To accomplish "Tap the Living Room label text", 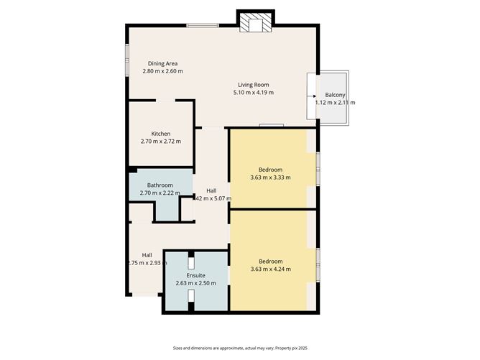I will tap(254, 84).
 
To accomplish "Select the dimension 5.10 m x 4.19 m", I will tap(254, 93).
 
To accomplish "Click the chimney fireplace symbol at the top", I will tap(255, 23).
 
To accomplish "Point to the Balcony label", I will tap(335, 95).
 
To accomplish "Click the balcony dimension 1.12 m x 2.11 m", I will tap(335, 103).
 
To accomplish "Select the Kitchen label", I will tap(161, 133).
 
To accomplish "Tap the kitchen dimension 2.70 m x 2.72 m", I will tap(161, 141).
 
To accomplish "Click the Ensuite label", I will tap(196, 275).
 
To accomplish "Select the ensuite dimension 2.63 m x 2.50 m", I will tap(196, 283).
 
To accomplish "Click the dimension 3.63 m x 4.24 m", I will tap(270, 269).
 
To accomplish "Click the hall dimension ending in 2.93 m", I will tap(147, 263).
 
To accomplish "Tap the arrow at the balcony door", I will tap(313, 95).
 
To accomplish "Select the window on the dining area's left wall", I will tap(128, 59).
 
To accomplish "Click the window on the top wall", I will tap(203, 27).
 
